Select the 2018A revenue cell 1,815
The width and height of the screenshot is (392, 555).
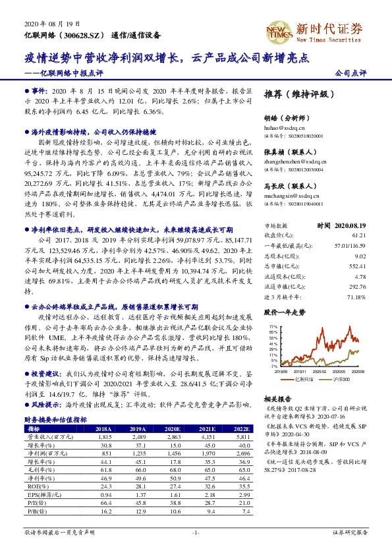(104, 437)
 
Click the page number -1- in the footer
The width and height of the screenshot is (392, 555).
(196, 532)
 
